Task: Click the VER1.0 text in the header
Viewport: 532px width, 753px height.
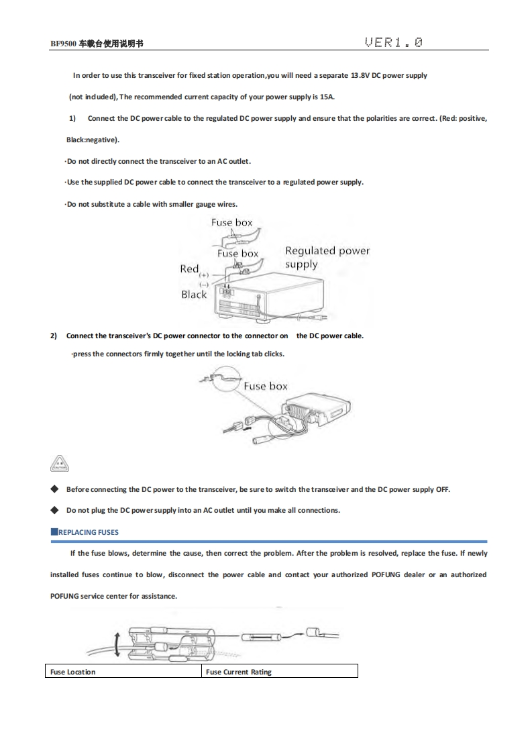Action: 394,43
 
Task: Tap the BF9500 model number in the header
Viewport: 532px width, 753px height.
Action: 64,44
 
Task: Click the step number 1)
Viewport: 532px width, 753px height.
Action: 72,118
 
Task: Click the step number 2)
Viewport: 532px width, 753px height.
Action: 54,336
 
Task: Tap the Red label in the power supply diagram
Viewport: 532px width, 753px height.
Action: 189,268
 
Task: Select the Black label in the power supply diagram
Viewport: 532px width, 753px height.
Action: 194,294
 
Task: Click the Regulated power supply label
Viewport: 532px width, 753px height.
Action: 327,257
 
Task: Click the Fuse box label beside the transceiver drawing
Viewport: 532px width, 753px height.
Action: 265,386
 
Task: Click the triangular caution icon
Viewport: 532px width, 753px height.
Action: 60,463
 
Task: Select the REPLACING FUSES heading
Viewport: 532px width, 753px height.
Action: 88,532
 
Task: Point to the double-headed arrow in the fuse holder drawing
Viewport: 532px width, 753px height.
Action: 117,644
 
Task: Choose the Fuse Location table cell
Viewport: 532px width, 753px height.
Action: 125,672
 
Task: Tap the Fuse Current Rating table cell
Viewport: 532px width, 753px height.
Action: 279,672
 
